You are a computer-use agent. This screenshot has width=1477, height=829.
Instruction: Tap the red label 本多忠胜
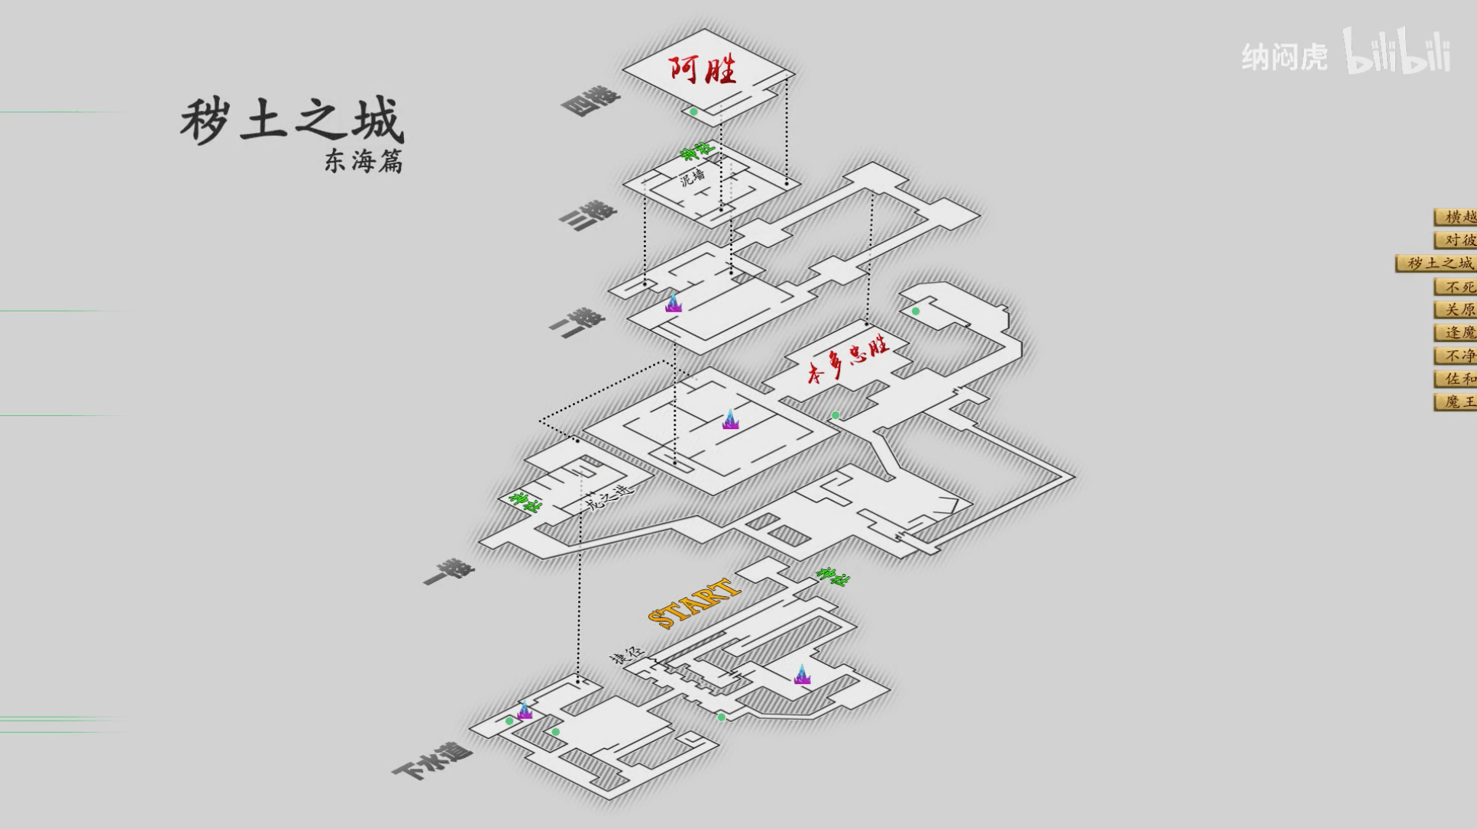coord(848,361)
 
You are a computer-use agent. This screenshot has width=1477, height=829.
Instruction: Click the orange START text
coord(693,602)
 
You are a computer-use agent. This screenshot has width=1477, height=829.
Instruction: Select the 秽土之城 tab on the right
coord(1438,263)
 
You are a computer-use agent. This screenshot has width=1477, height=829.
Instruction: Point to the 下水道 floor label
coord(432,760)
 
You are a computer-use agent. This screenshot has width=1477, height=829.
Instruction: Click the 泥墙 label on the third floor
coord(693,179)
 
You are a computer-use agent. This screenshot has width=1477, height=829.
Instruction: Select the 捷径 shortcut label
coord(627,655)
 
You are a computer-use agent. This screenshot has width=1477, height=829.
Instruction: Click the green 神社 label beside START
coord(832,576)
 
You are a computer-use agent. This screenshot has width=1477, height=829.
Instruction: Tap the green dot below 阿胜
coord(693,111)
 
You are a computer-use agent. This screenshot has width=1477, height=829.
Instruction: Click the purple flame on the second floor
coord(673,303)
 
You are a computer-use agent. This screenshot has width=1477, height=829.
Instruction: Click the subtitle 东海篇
coord(363,161)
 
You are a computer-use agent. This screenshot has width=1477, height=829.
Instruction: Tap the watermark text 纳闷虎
coord(1285,57)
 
